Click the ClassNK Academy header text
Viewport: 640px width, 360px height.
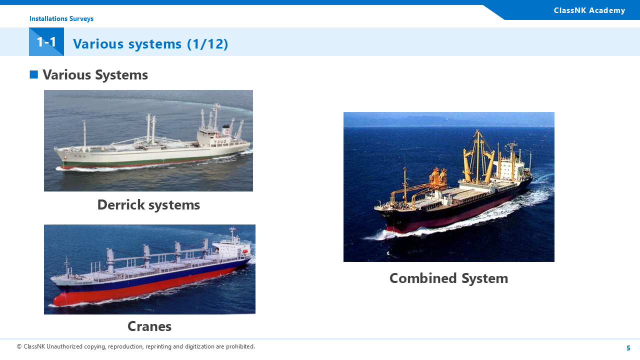point(589,10)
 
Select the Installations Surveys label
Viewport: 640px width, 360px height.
point(61,18)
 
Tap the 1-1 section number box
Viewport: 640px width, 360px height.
point(46,41)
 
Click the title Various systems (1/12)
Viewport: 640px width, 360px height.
point(150,43)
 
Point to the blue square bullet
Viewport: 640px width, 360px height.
point(33,74)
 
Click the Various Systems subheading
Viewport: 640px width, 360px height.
point(95,75)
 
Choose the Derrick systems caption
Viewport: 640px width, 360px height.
point(148,205)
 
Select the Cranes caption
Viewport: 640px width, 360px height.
point(149,326)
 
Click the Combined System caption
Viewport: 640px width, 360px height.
point(448,278)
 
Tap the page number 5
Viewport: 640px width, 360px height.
point(628,348)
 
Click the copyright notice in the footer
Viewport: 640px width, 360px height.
point(136,346)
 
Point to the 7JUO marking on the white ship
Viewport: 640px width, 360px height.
point(220,141)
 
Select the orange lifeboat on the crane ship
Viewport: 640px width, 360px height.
point(245,251)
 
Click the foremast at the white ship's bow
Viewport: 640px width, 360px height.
point(84,134)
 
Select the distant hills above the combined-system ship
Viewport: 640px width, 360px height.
point(448,120)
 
